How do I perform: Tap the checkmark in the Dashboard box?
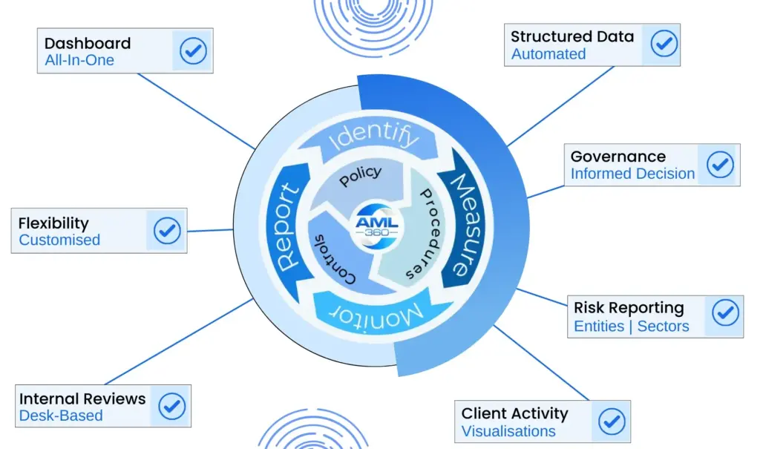(x=194, y=51)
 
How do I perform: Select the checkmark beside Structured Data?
(x=664, y=44)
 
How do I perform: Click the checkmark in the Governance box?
(x=719, y=164)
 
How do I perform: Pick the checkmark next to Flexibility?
(x=167, y=231)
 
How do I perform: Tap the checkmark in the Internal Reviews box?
(x=172, y=406)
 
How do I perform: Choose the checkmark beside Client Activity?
(x=612, y=422)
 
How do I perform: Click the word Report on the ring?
(x=289, y=226)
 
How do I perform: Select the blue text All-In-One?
(x=79, y=60)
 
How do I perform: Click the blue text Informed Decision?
(x=632, y=174)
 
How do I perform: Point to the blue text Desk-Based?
(x=61, y=416)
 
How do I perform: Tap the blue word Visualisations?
(x=508, y=431)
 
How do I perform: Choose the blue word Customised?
(x=59, y=240)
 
